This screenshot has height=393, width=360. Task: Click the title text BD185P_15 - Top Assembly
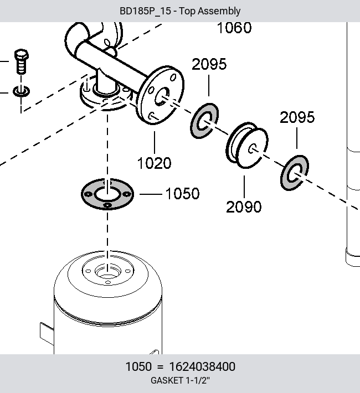click(180, 11)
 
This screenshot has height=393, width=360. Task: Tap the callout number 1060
click(234, 28)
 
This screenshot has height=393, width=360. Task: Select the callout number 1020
click(155, 163)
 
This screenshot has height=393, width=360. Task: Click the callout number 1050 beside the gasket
click(182, 194)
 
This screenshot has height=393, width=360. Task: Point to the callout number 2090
click(244, 207)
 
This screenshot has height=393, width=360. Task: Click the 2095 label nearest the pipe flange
click(209, 64)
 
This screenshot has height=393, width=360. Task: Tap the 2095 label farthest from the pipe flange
click(297, 117)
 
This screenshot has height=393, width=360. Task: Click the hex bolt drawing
click(22, 61)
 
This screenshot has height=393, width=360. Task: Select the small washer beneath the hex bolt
click(22, 91)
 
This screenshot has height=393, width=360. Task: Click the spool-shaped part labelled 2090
click(247, 146)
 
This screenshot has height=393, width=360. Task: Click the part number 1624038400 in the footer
click(202, 366)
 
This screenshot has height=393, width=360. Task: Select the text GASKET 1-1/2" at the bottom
click(180, 380)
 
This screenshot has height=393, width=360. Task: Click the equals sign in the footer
click(160, 367)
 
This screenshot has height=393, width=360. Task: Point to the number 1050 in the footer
click(138, 366)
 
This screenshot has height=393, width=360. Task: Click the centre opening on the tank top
click(107, 271)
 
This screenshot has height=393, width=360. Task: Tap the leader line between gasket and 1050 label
click(151, 194)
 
